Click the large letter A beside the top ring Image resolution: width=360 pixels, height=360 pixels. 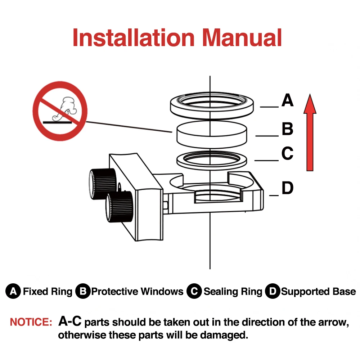point(287,100)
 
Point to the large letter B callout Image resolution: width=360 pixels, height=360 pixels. point(287,129)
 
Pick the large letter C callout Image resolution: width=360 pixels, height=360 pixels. point(287,154)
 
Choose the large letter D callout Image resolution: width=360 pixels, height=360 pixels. point(287,188)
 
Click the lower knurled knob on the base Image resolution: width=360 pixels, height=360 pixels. point(119,207)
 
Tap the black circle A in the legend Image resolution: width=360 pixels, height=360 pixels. point(13,291)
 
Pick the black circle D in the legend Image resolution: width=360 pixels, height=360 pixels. point(272,291)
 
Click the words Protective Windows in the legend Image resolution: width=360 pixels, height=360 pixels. point(137,291)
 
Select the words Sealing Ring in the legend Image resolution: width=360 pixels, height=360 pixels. point(233,291)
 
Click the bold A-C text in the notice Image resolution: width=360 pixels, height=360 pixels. point(70,321)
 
